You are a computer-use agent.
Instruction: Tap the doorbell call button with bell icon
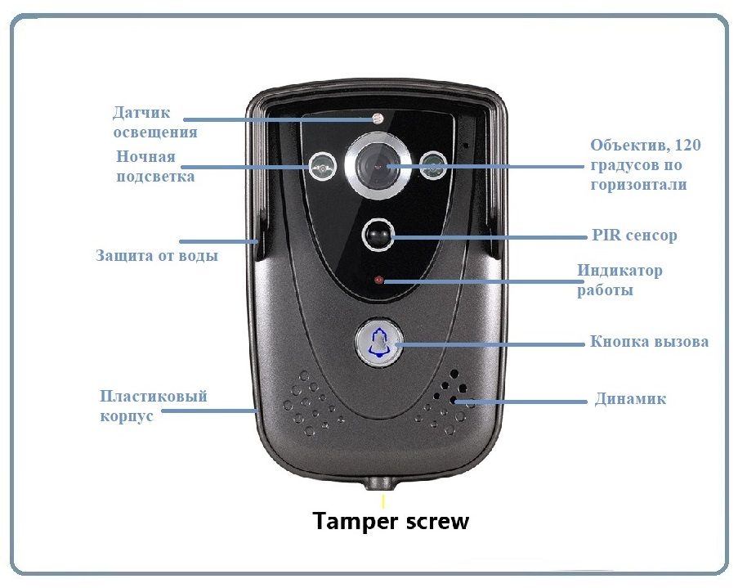(379, 343)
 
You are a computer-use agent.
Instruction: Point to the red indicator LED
(379, 281)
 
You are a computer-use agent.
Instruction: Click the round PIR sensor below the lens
(378, 235)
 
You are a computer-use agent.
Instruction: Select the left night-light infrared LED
(322, 166)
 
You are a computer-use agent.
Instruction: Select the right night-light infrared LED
(433, 165)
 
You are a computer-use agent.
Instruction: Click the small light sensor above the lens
(378, 118)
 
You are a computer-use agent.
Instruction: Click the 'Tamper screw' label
(391, 522)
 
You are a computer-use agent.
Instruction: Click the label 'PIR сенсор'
(634, 235)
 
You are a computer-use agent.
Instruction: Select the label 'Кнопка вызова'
(649, 341)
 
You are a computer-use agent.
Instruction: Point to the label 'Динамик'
(630, 399)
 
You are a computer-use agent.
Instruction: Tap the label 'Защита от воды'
(157, 255)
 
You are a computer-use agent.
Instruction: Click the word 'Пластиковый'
(154, 396)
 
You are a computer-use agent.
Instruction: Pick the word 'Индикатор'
(619, 271)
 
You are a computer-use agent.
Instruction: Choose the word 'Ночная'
(145, 156)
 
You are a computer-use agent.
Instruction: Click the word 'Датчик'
(141, 113)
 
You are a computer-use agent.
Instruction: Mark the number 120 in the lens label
(687, 145)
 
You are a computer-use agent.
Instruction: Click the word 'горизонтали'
(638, 184)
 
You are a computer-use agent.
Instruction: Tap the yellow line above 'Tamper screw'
(383, 501)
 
